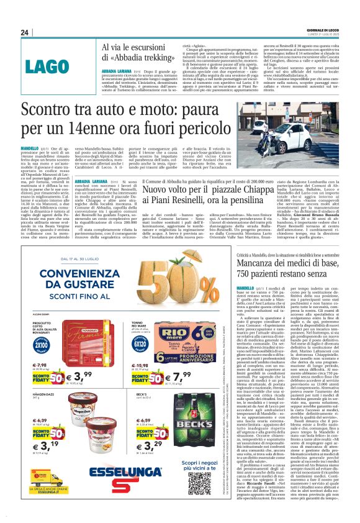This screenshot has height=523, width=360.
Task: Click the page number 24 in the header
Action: coord(24,32)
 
